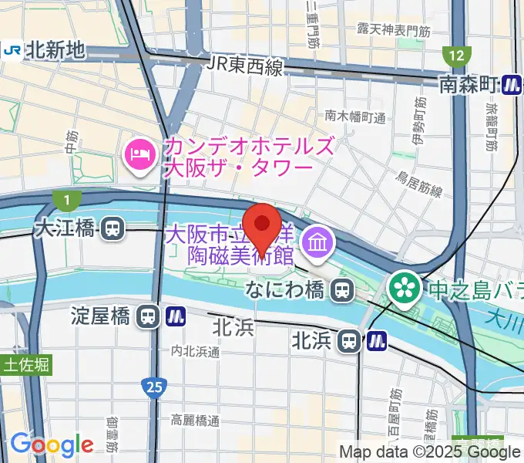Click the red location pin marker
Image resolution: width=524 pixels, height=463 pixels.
(263, 225)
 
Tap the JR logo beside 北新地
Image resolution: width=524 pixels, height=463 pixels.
(11, 50)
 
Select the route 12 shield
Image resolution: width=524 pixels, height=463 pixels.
(457, 56)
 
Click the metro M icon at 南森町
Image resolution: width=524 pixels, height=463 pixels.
(512, 84)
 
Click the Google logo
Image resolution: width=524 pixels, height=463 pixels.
(52, 444)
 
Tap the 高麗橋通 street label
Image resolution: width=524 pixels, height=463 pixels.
(196, 421)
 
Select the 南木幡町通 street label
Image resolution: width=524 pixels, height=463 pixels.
(354, 117)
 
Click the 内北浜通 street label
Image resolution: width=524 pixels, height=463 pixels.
(196, 351)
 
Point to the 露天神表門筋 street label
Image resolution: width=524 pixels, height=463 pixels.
(393, 29)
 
